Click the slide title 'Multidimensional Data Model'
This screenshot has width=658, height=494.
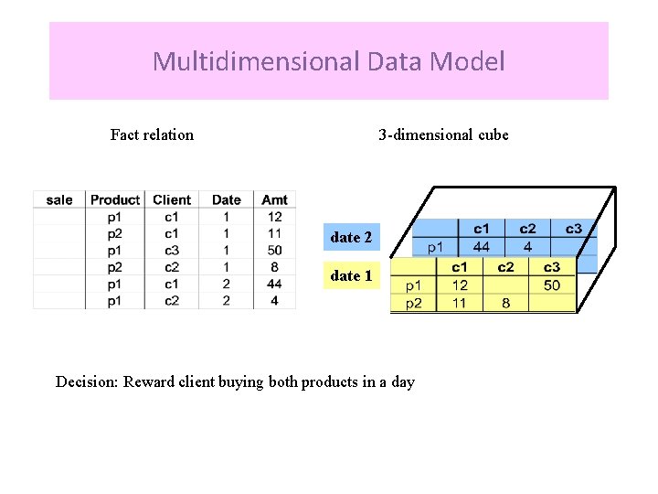329,61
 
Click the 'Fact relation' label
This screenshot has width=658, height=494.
152,134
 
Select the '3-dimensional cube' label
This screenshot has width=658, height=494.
443,134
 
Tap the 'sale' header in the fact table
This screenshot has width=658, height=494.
59,199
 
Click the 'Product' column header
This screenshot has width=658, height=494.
115,199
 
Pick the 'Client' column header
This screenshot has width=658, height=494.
172,199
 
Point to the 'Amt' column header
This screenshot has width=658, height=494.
274,199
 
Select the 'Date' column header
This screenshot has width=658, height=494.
227,199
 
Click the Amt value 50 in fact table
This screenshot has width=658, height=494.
274,251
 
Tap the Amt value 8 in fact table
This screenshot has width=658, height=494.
274,267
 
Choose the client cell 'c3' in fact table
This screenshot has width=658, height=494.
172,251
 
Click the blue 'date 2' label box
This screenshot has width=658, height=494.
352,237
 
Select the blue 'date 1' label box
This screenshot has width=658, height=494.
352,275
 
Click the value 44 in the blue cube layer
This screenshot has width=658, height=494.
481,246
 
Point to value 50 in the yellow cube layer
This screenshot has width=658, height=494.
551,285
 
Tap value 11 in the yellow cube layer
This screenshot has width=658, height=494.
460,303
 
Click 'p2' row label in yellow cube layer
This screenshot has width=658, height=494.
414,303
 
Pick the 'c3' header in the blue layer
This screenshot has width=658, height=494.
573,229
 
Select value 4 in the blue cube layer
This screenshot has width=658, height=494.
527,246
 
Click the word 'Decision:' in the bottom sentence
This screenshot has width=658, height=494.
87,381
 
